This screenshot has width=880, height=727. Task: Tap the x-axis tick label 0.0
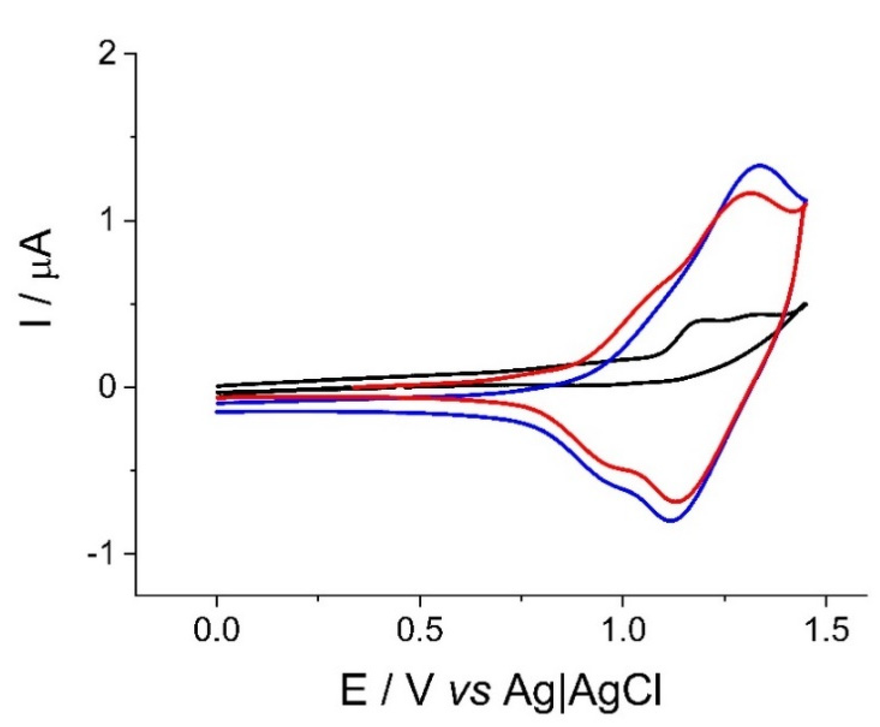216,632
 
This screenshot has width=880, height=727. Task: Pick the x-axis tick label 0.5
419,632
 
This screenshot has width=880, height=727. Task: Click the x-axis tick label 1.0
622,632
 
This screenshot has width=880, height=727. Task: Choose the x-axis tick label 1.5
825,632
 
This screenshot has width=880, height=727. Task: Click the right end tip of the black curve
806,304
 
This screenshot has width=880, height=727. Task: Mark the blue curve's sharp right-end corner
806,201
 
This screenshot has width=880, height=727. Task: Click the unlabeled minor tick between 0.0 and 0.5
318,599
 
